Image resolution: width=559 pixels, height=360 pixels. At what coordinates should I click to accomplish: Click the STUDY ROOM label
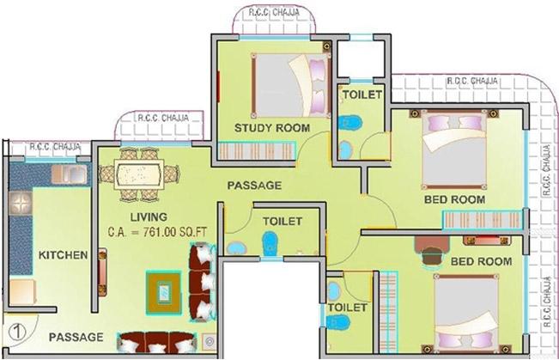[272, 128]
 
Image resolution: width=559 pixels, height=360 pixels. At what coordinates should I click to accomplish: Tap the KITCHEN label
[63, 255]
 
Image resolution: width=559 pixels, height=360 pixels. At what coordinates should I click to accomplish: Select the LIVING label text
[149, 217]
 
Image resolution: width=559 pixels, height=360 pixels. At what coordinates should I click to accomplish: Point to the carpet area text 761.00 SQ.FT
[174, 232]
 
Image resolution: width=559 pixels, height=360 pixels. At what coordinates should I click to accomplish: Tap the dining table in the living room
[139, 174]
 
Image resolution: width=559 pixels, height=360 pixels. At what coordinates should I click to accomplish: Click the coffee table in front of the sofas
[164, 293]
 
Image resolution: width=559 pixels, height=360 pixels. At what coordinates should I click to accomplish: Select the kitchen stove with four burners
[21, 203]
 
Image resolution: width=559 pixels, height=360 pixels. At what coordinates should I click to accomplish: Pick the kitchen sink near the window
[69, 174]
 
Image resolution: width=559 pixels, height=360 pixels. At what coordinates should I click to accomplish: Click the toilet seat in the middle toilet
[270, 243]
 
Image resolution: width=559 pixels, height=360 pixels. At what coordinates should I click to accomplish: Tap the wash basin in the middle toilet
[236, 247]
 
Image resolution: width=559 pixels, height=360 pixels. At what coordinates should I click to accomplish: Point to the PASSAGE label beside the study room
[254, 186]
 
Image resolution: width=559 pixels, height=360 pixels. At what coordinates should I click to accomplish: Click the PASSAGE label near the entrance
[76, 337]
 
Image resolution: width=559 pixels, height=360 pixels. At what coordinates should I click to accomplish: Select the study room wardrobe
[257, 151]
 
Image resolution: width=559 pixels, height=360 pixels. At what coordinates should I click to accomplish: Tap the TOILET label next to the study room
[362, 95]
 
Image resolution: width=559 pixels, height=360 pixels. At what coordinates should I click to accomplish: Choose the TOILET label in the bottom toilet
[347, 308]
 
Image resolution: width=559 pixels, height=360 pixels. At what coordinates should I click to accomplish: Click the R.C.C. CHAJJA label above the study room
[274, 13]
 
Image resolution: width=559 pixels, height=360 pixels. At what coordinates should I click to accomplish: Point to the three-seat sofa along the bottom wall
[156, 343]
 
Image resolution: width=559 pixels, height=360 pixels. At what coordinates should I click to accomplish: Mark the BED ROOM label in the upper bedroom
[454, 199]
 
